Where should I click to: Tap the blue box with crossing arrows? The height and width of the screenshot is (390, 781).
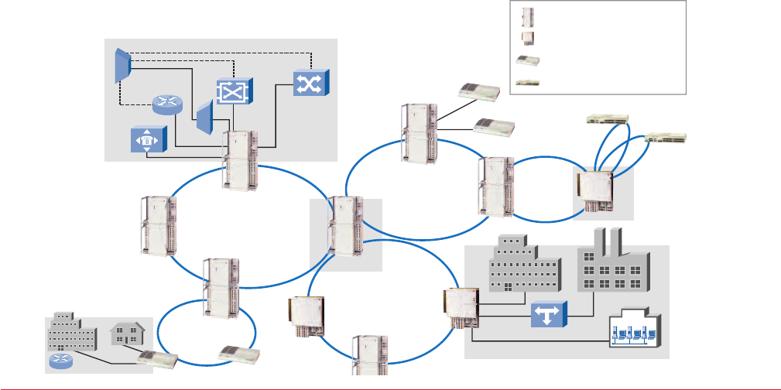pyautogui.click(x=310, y=82)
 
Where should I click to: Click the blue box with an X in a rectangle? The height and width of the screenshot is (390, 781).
pyautogui.click(x=232, y=91)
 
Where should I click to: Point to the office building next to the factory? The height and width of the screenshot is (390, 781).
pyautogui.click(x=523, y=265)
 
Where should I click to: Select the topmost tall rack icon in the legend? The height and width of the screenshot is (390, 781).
pyautogui.click(x=527, y=16)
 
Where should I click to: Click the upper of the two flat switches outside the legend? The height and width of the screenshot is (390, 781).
pyautogui.click(x=609, y=118)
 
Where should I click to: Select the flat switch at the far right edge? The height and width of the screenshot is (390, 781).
pyautogui.click(x=664, y=138)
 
